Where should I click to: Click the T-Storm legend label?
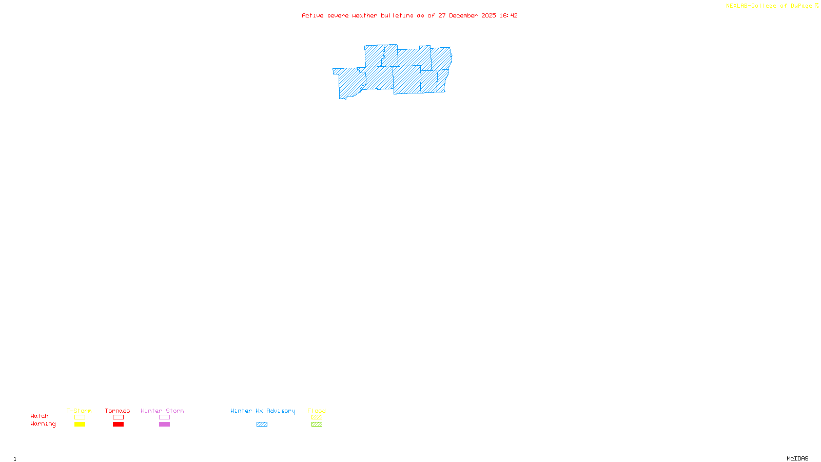(x=79, y=411)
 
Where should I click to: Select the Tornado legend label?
(x=118, y=411)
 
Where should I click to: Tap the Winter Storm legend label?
(x=162, y=411)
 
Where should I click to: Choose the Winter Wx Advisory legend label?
(x=263, y=411)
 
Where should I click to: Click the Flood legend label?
(x=317, y=411)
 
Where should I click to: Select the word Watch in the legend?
(x=40, y=416)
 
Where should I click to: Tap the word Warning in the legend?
(x=43, y=424)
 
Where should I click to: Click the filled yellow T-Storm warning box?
(x=80, y=425)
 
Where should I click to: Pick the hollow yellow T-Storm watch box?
(x=80, y=417)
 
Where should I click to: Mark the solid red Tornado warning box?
(x=118, y=425)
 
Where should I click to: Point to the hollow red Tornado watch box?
(x=118, y=417)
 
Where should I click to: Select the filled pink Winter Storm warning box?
(x=164, y=425)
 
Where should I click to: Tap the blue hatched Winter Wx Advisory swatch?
(x=262, y=425)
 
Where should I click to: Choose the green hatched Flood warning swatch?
(x=317, y=425)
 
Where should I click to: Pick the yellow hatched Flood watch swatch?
(x=317, y=417)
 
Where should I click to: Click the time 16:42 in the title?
(x=509, y=15)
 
